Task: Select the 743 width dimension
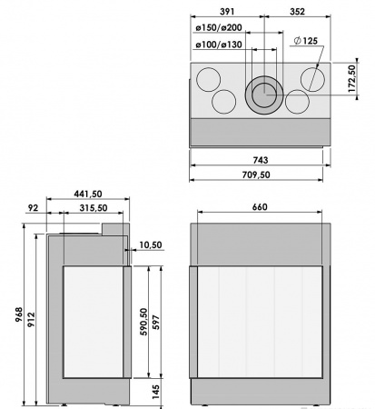(x=258, y=160)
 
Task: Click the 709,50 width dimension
(x=258, y=175)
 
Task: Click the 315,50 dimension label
(x=94, y=208)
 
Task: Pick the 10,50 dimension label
(x=151, y=244)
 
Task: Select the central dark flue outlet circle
(x=264, y=91)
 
